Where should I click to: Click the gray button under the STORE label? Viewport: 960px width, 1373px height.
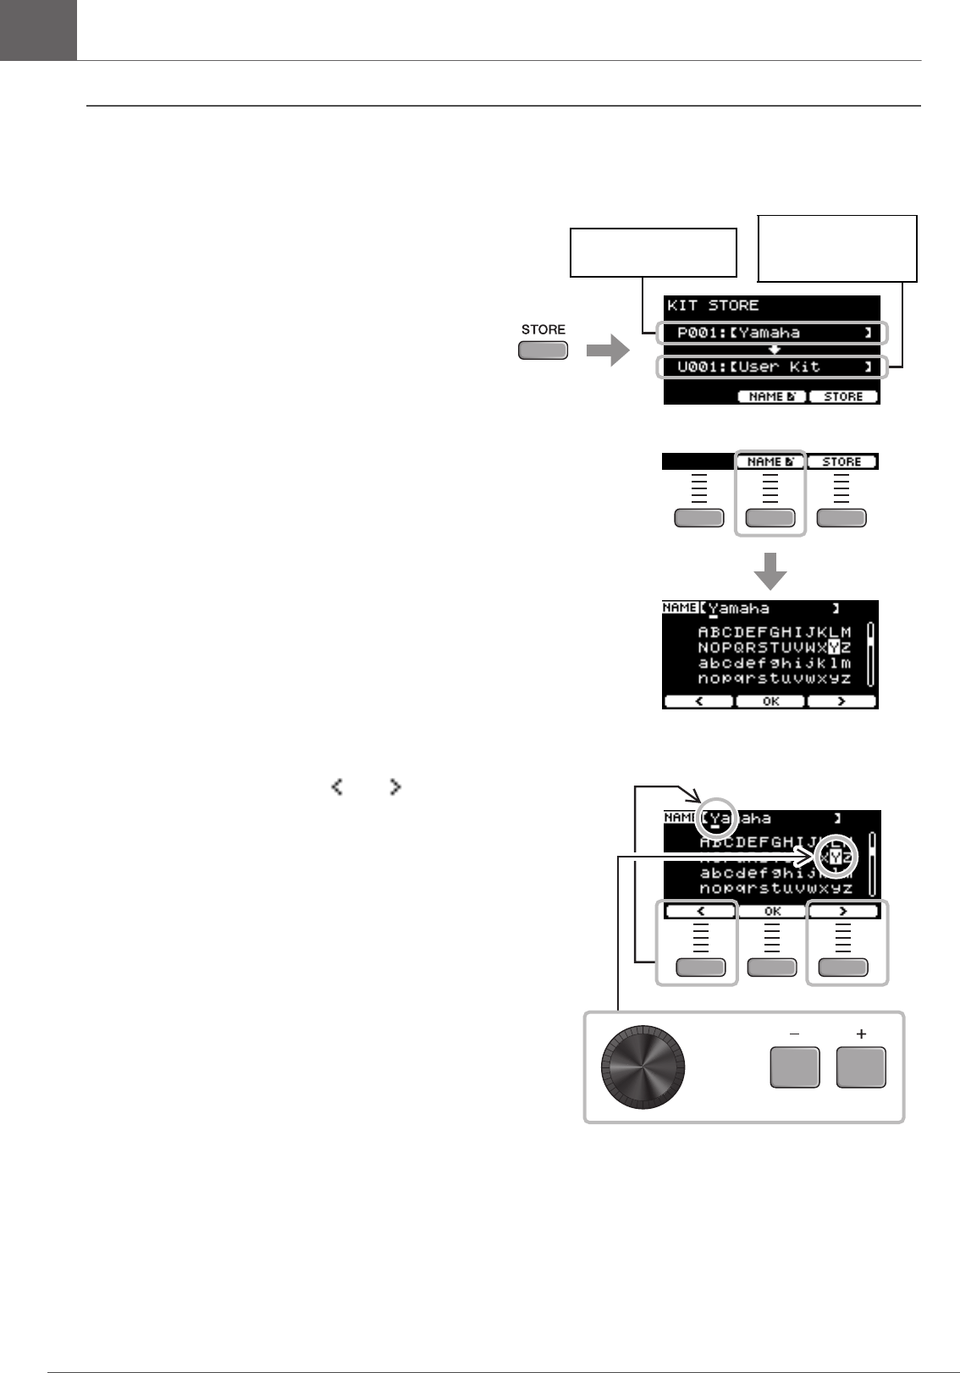point(543,350)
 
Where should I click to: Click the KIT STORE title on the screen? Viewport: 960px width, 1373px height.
point(713,306)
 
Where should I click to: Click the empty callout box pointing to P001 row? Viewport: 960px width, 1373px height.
point(653,252)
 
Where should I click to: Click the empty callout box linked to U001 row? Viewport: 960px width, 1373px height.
point(836,248)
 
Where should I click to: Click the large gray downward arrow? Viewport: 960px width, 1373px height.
point(770,571)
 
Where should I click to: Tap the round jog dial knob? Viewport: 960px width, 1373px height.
point(643,1067)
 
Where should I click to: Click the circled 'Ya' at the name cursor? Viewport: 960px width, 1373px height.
point(720,819)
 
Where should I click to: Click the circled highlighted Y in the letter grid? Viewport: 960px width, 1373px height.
point(836,858)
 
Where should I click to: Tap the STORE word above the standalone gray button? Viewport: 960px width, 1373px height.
point(543,329)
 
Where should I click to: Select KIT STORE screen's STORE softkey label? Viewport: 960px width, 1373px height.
point(843,396)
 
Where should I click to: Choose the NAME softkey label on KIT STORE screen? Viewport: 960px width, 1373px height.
point(771,396)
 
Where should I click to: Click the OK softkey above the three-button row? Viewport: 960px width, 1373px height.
point(772,912)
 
